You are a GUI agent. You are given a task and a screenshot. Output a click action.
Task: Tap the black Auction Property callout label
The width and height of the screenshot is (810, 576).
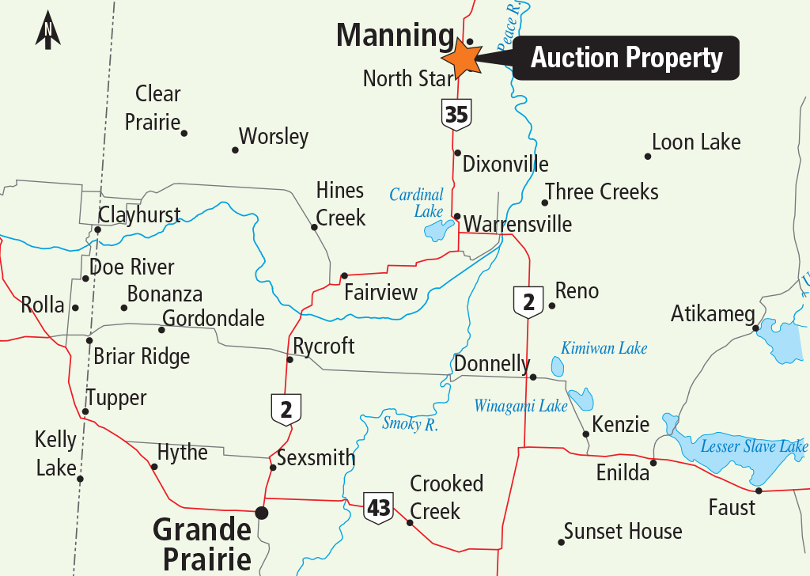point(626,58)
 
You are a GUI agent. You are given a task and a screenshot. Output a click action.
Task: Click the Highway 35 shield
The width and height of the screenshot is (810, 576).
point(456,116)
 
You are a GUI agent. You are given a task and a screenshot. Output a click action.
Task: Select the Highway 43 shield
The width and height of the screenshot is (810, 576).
point(379,507)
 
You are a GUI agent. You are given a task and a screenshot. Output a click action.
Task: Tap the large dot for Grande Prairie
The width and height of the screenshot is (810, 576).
point(262,513)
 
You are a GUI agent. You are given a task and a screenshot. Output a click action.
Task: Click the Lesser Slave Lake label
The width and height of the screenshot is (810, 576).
point(754,447)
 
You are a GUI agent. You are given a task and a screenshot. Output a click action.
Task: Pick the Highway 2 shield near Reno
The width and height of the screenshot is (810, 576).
point(528,301)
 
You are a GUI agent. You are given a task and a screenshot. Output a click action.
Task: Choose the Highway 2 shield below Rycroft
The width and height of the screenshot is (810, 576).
point(286,409)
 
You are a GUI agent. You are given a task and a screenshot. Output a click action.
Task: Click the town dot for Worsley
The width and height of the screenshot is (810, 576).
point(235,150)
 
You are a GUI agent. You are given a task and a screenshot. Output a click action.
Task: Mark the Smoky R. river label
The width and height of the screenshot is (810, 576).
point(411,423)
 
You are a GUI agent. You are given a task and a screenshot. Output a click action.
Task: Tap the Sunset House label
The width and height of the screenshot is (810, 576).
point(623,531)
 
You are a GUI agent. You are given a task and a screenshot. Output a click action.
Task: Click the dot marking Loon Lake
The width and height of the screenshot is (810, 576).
point(647,156)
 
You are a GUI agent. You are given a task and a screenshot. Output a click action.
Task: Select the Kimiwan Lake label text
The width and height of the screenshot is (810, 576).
point(604,348)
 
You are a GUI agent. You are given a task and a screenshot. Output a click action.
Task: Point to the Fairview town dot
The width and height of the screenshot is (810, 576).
point(344,275)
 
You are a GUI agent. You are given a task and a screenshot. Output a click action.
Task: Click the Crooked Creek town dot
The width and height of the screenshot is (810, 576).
point(410,522)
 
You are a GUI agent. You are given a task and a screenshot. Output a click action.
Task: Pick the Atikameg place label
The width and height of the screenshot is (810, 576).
point(713,314)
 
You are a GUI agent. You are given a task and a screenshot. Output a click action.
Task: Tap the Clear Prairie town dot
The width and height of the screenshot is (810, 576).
point(184,133)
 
